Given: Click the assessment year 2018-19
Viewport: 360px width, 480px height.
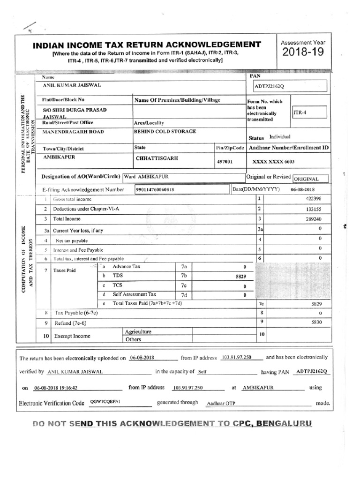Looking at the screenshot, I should (303, 52).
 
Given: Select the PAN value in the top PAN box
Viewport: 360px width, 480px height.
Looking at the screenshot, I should (269, 87).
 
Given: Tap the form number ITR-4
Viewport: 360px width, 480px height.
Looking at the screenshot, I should (301, 113).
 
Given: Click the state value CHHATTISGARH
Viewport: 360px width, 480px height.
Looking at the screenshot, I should (157, 158).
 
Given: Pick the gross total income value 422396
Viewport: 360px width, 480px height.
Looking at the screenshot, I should (313, 199).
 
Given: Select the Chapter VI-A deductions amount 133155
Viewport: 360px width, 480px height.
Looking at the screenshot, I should (313, 209).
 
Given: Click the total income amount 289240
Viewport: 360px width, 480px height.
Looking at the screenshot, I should (313, 219).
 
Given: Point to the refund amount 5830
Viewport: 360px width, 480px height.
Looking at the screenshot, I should (315, 322).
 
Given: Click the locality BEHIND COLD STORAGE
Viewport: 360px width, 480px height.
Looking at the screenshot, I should (165, 131).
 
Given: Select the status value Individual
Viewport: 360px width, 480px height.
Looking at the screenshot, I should (280, 136).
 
